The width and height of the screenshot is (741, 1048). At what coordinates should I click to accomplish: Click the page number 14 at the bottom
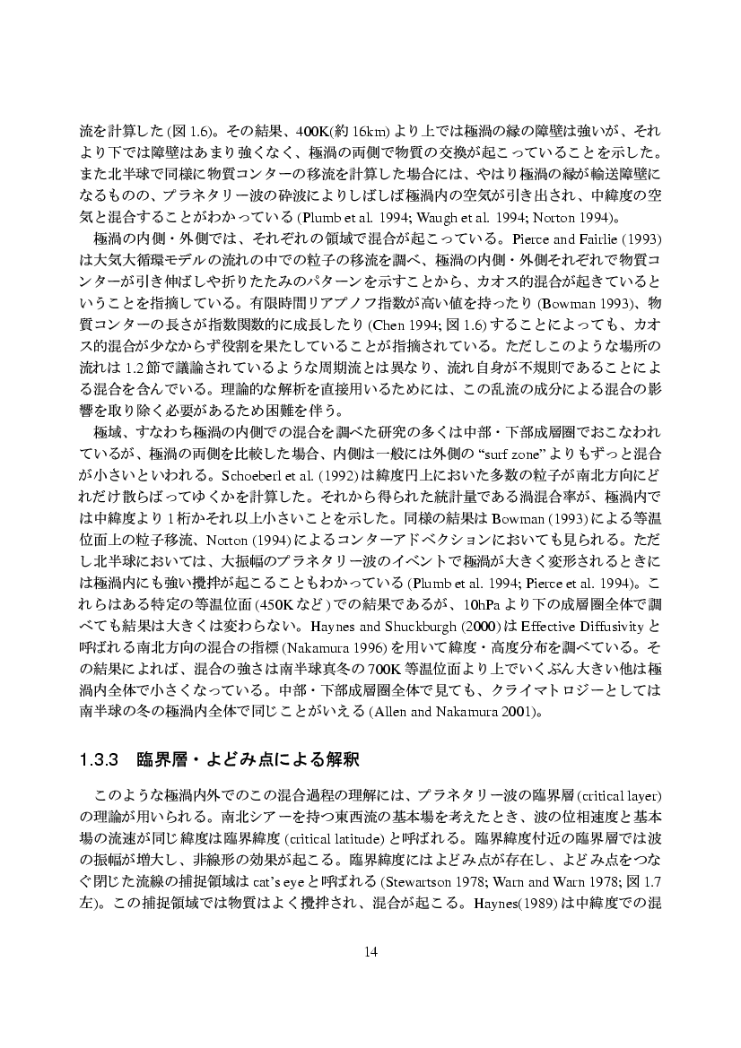coord(370,951)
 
